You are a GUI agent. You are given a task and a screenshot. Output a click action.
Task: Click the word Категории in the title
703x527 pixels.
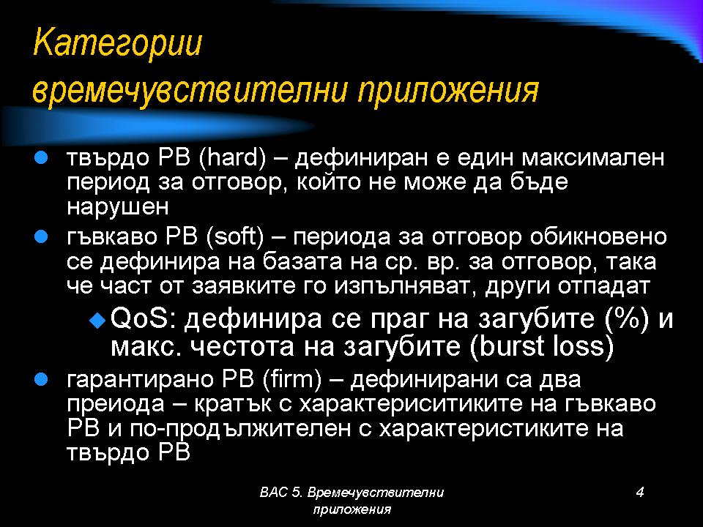(x=117, y=43)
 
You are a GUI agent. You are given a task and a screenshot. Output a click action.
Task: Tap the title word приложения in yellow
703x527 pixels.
(x=448, y=91)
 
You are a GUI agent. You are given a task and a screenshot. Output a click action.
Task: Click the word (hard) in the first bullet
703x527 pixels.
(x=231, y=158)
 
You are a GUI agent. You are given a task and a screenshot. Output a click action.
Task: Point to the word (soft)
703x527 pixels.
(x=235, y=236)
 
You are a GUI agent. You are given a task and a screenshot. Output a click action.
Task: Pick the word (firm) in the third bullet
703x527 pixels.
(x=292, y=380)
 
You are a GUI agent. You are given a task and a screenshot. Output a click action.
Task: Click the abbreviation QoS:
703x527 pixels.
(x=144, y=318)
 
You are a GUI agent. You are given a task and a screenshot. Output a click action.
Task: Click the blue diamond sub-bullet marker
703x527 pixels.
(x=97, y=320)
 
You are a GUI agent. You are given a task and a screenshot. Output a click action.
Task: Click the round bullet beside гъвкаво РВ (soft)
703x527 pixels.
(x=41, y=236)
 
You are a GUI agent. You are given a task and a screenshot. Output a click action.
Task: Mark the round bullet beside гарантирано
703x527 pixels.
(x=41, y=380)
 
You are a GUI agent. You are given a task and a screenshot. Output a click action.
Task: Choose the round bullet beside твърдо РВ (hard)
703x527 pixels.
(x=41, y=158)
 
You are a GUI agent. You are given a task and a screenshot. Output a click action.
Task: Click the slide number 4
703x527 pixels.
(x=640, y=492)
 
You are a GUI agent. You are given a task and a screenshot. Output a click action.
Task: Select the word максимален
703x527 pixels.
(x=593, y=158)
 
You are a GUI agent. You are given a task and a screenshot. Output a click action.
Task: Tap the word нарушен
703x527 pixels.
(x=117, y=207)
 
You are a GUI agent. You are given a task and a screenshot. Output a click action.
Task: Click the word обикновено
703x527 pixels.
(x=598, y=237)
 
